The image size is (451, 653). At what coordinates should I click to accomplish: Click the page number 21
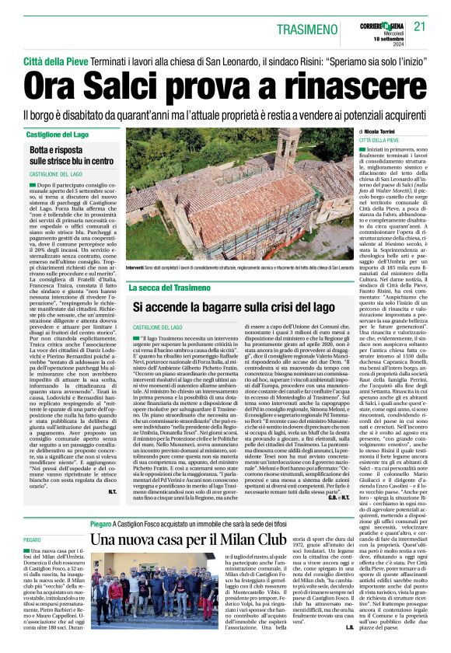tap(420, 26)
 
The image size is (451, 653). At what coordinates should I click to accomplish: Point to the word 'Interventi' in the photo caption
tap(142, 267)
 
